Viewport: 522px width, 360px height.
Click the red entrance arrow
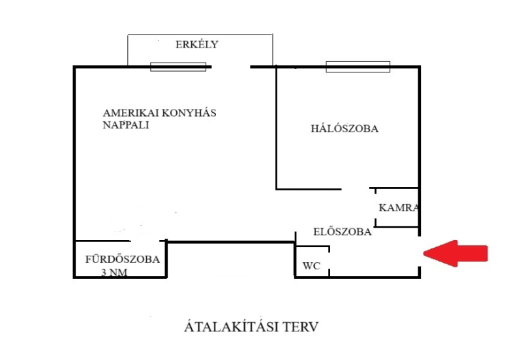pos(455,253)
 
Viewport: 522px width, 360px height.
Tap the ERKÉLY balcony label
pos(197,44)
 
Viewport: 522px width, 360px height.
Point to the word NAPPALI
pos(126,125)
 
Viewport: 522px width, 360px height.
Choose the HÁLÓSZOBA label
pos(345,128)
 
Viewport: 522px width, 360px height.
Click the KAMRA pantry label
pos(399,208)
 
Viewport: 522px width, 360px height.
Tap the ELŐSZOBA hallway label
pos(342,232)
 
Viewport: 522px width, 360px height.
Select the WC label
pos(311,266)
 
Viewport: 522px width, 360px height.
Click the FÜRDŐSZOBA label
pos(123,259)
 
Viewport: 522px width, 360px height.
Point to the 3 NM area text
pos(114,273)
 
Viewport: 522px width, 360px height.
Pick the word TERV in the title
pos(301,327)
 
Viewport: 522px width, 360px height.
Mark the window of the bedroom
pos(358,67)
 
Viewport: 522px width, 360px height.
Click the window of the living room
pos(178,67)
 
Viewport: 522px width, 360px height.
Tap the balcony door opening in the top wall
pos(231,67)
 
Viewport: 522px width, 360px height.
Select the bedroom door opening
pos(356,188)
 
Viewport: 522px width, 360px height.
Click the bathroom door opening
pos(145,241)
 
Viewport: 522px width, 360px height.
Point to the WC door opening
pos(330,261)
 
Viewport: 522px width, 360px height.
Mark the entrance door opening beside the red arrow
pos(419,251)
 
